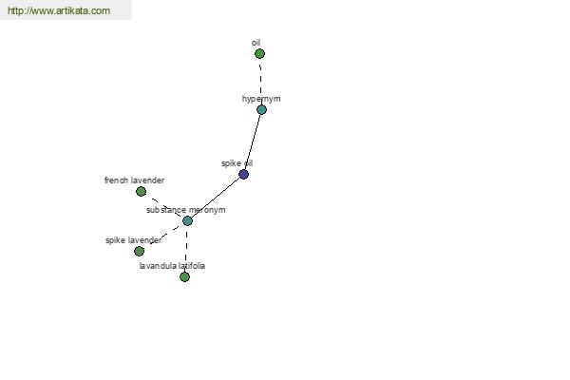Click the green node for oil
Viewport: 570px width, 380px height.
tap(259, 54)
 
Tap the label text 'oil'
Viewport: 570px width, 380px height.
tap(256, 43)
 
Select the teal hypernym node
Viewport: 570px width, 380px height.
tap(261, 109)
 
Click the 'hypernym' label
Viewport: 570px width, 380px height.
tap(261, 99)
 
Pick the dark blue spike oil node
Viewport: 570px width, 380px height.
tap(243, 174)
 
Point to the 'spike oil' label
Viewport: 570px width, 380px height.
tap(237, 163)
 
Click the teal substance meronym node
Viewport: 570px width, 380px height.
tap(187, 220)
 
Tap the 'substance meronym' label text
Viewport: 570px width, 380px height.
tap(186, 210)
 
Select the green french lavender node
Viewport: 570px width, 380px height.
tap(141, 191)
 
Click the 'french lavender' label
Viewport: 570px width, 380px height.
tap(134, 180)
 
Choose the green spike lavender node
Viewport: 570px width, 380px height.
tap(139, 251)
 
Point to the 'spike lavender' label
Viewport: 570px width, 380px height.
tap(133, 240)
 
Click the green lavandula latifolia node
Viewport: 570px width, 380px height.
tap(184, 276)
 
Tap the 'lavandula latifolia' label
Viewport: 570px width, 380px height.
tap(172, 266)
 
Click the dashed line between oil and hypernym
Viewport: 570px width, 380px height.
tap(260, 82)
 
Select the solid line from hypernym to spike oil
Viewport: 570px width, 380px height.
tap(253, 142)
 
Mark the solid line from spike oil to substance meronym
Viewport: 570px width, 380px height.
tap(216, 198)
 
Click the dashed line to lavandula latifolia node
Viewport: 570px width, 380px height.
tap(186, 249)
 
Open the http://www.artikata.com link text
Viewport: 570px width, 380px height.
tap(59, 10)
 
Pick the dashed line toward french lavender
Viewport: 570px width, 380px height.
tap(164, 206)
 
